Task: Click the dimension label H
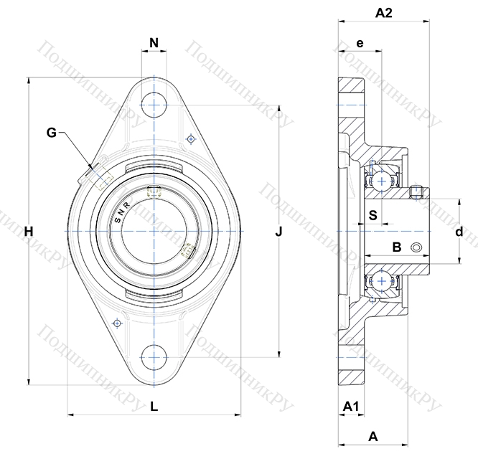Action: pyautogui.click(x=28, y=232)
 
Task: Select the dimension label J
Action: pyautogui.click(x=279, y=232)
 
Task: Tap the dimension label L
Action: pyautogui.click(x=154, y=407)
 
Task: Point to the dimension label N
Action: pyautogui.click(x=154, y=44)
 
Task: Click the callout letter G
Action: pyautogui.click(x=51, y=132)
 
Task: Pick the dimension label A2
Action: pyautogui.click(x=383, y=12)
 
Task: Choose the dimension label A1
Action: pyautogui.click(x=351, y=407)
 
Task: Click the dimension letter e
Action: pyautogui.click(x=360, y=44)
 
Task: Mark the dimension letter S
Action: pyautogui.click(x=372, y=214)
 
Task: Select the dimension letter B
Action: pyautogui.click(x=395, y=248)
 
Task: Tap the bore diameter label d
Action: pyautogui.click(x=459, y=232)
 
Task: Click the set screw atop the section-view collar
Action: pyautogui.click(x=416, y=191)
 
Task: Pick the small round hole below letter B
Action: pyautogui.click(x=416, y=248)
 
